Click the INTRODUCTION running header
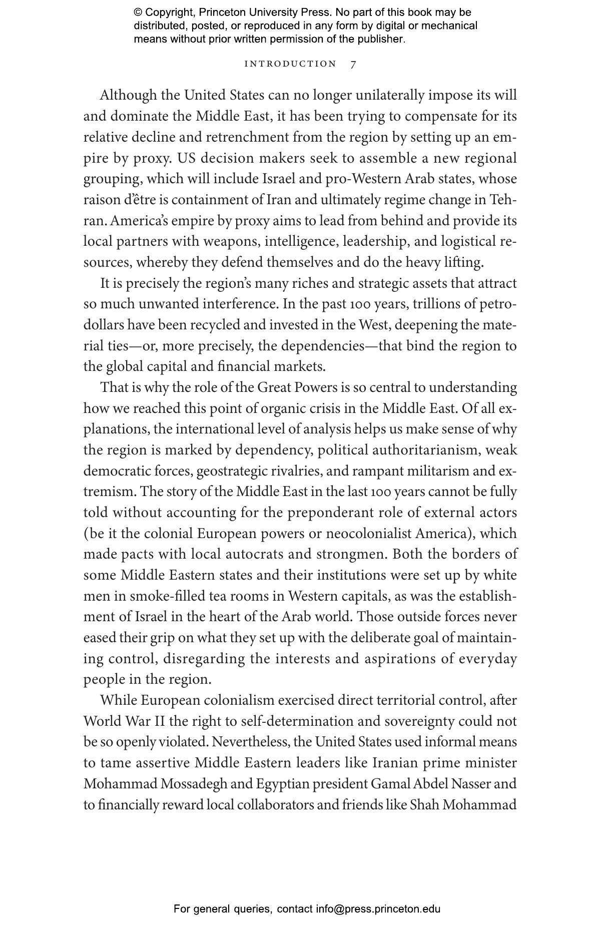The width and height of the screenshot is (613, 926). point(290,64)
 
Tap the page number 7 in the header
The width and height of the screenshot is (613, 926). point(353,64)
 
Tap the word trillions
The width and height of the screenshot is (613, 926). point(437,304)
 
